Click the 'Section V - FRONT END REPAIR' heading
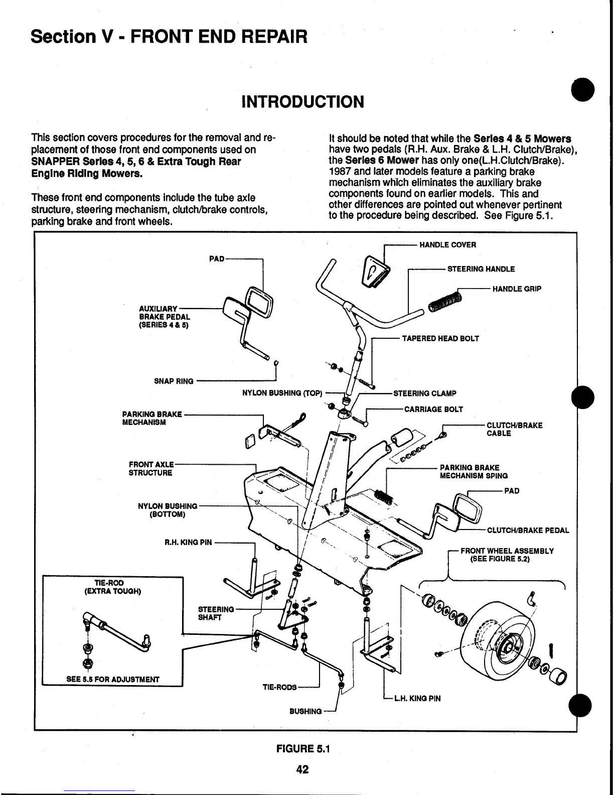click(x=169, y=36)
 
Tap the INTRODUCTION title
click(x=302, y=102)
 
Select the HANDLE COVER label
click(x=447, y=245)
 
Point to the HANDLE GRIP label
click(x=517, y=289)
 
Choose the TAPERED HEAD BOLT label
click(x=440, y=339)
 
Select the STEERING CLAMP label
click(x=424, y=393)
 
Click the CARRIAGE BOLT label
click(x=433, y=410)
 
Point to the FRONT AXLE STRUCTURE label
click(x=151, y=469)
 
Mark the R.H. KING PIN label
click(x=188, y=543)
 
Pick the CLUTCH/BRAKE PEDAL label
click(x=528, y=530)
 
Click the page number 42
click(x=302, y=769)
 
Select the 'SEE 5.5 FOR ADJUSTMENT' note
click(x=113, y=680)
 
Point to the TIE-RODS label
click(x=279, y=687)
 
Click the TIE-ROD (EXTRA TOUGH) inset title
click(x=113, y=587)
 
